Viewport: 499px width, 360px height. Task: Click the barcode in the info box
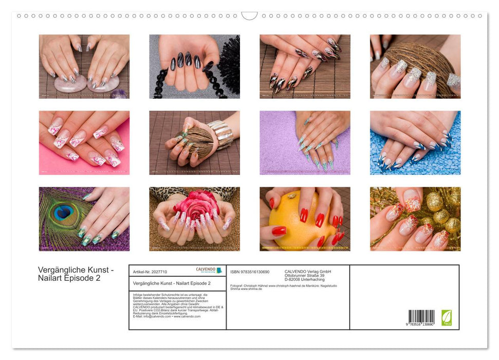click(421, 317)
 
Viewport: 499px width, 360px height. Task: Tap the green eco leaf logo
click(447, 317)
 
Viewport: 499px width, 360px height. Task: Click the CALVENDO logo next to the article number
click(209, 271)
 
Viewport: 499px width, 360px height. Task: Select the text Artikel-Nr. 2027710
click(150, 272)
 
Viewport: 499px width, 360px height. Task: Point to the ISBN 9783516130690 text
click(250, 272)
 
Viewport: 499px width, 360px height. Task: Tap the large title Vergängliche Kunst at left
click(76, 271)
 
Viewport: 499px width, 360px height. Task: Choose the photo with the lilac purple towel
click(305, 142)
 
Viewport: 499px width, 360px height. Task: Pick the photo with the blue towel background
click(415, 142)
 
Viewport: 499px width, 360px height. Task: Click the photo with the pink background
click(84, 142)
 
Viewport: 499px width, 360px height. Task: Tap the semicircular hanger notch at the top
click(249, 16)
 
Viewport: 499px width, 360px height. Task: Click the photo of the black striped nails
click(194, 66)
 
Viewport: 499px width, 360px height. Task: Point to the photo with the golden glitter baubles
click(415, 219)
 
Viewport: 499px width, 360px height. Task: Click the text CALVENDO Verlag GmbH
click(308, 272)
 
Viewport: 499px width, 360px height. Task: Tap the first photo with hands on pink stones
click(84, 66)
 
